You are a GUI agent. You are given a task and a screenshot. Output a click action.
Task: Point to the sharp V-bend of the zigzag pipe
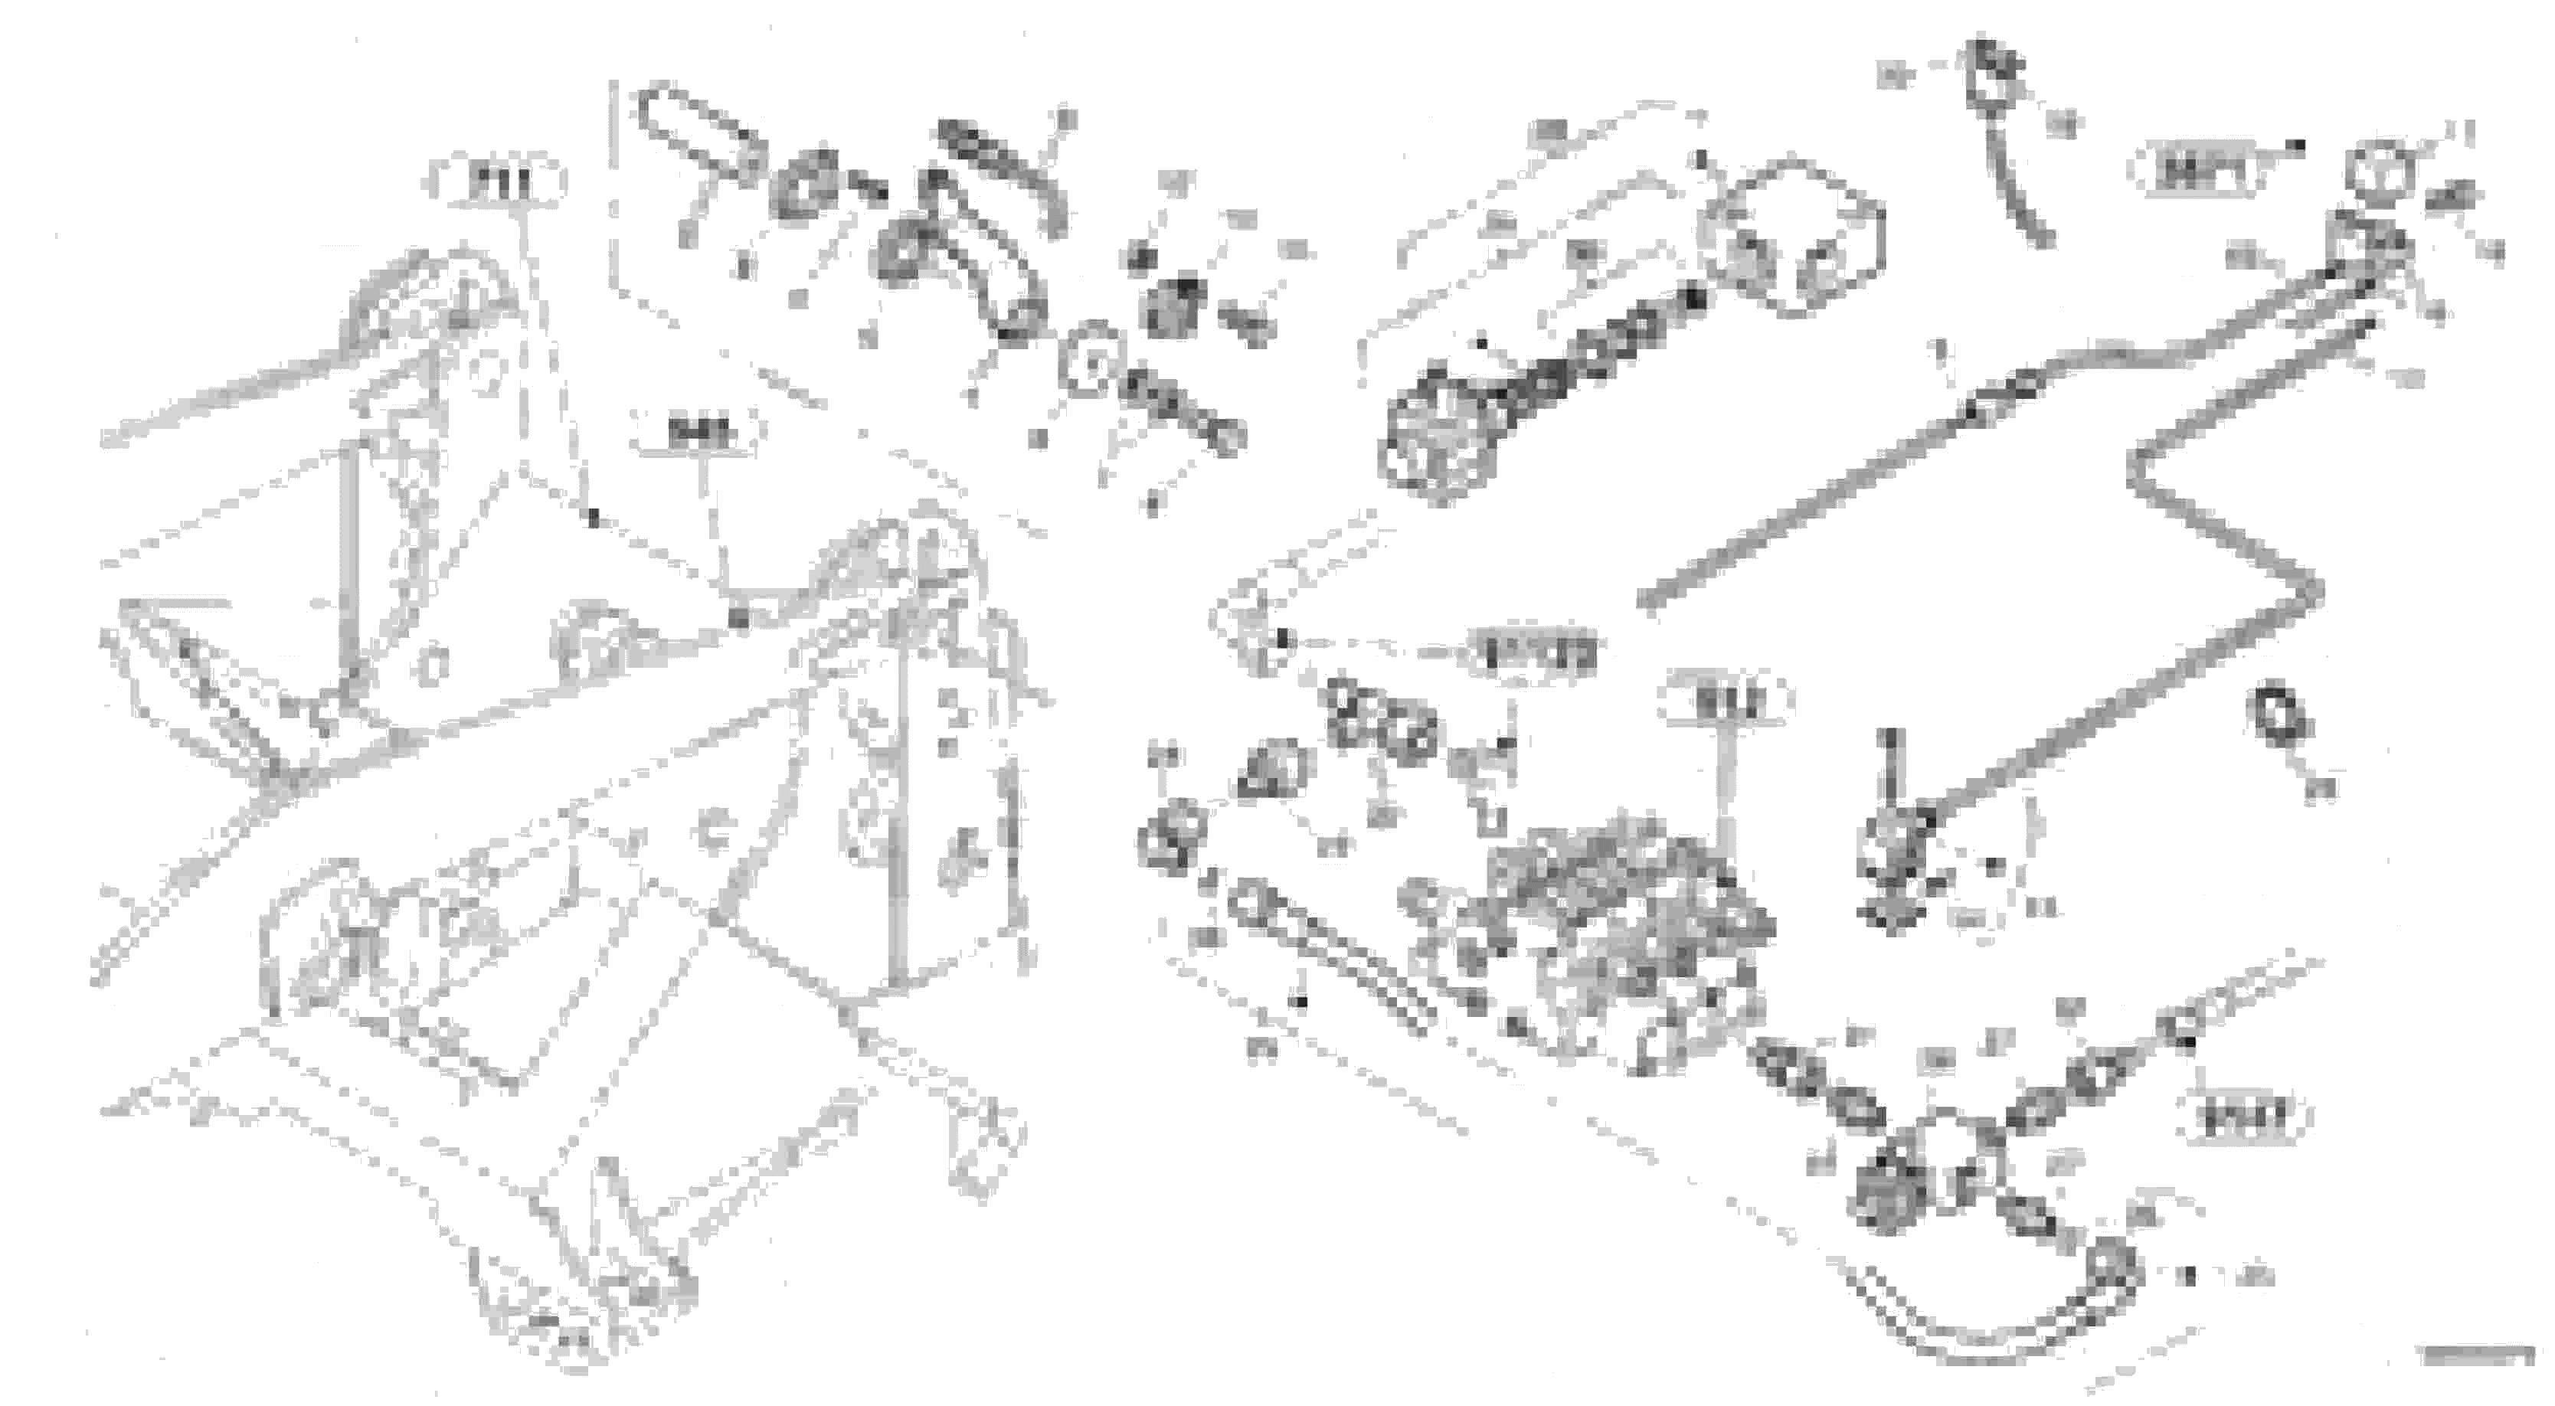pos(2316,592)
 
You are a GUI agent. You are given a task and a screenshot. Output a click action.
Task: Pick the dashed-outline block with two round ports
pos(1795,238)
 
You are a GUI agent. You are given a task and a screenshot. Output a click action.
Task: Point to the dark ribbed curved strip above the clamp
pos(1002,168)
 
